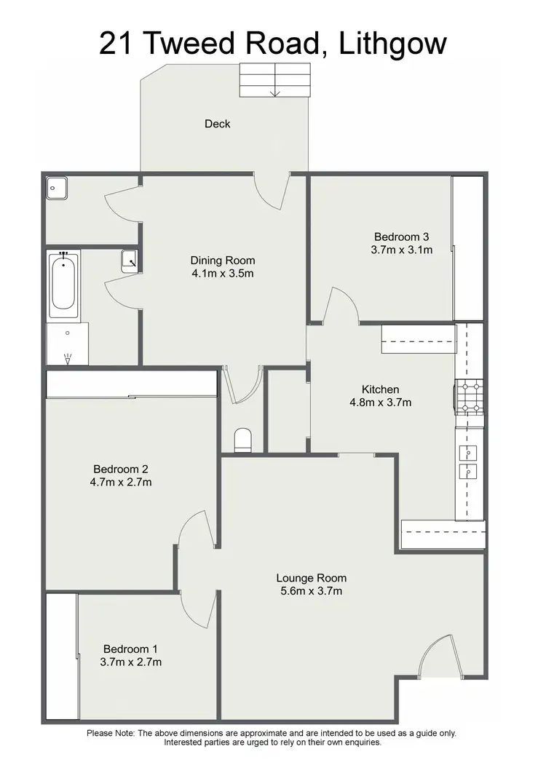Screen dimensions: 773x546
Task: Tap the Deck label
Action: coord(217,124)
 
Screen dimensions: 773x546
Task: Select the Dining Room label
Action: coord(223,260)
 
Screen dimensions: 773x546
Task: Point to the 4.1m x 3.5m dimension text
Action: coord(223,274)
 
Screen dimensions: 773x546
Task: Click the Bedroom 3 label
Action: coord(401,237)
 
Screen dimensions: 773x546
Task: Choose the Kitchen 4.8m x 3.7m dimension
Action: coord(381,403)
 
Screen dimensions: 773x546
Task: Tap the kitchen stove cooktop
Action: coord(469,397)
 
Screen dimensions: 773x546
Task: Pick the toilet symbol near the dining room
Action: coord(243,440)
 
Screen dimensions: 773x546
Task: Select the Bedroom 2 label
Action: coord(121,469)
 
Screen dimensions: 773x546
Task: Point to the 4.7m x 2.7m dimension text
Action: coord(121,482)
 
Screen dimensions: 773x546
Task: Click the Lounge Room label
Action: coord(311,578)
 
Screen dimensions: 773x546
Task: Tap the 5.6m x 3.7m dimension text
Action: coord(311,591)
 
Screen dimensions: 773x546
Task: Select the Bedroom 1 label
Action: coord(130,649)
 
